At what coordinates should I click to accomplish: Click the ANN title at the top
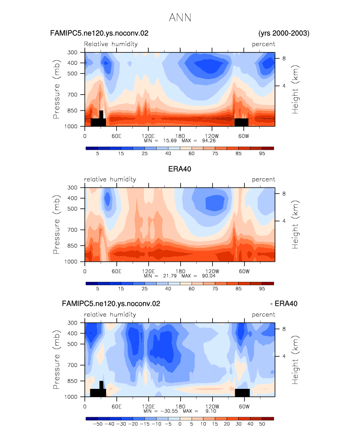pyautogui.click(x=180, y=18)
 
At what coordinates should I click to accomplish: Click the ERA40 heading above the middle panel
pyautogui.click(x=180, y=169)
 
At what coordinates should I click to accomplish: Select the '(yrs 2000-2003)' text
pyautogui.click(x=284, y=33)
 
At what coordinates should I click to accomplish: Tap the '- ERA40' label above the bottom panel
pyautogui.click(x=284, y=303)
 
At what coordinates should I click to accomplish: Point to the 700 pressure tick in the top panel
pyautogui.click(x=72, y=95)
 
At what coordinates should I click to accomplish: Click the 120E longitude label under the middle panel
pyautogui.click(x=148, y=271)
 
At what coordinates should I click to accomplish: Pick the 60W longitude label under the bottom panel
pyautogui.click(x=244, y=406)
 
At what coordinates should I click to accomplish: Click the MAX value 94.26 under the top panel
pyautogui.click(x=209, y=140)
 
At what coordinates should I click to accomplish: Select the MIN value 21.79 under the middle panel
pyautogui.click(x=170, y=275)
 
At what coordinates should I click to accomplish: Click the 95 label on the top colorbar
pyautogui.click(x=262, y=153)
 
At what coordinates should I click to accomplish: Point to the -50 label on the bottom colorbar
pyautogui.click(x=98, y=424)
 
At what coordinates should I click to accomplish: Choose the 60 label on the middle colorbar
pyautogui.click(x=192, y=289)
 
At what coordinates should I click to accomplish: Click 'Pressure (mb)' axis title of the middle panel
pyautogui.click(x=56, y=224)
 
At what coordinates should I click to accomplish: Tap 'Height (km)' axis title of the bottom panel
pyautogui.click(x=295, y=360)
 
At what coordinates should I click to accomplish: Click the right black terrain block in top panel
pyautogui.click(x=242, y=122)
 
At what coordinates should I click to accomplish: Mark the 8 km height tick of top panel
pyautogui.click(x=284, y=58)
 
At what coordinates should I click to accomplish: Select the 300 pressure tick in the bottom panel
pyautogui.click(x=72, y=323)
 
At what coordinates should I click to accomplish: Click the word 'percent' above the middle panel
pyautogui.click(x=263, y=180)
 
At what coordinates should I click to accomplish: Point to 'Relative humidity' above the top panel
pyautogui.click(x=111, y=44)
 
